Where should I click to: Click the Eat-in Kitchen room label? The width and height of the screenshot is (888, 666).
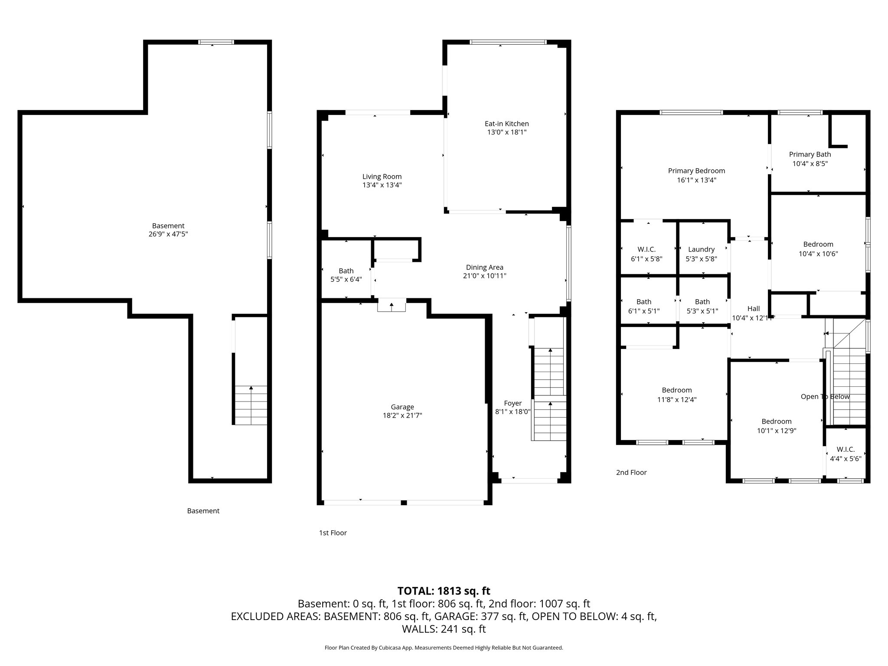506,124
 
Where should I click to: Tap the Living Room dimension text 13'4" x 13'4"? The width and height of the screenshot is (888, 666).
382,185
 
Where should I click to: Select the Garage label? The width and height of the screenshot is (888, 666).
402,407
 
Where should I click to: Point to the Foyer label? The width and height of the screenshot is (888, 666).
513,403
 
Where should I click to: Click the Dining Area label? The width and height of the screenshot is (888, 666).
484,268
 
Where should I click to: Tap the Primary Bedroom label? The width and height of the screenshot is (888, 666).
696,171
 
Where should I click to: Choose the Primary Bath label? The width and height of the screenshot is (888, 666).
810,154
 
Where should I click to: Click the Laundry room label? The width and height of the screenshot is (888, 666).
701,250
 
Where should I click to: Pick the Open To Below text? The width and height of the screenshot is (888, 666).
825,397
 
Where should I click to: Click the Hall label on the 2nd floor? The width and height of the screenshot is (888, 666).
754,309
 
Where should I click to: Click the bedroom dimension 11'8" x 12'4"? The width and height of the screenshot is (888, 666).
677,400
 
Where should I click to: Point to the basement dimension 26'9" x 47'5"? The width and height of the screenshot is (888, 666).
168,234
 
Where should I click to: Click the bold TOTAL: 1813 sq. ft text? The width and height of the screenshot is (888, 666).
444,591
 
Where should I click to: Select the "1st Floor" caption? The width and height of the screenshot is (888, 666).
333,533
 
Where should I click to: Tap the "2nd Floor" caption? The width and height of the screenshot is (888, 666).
631,473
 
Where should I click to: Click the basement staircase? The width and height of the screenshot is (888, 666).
251,405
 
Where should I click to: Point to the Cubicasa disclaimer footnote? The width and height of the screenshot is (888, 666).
444,648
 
